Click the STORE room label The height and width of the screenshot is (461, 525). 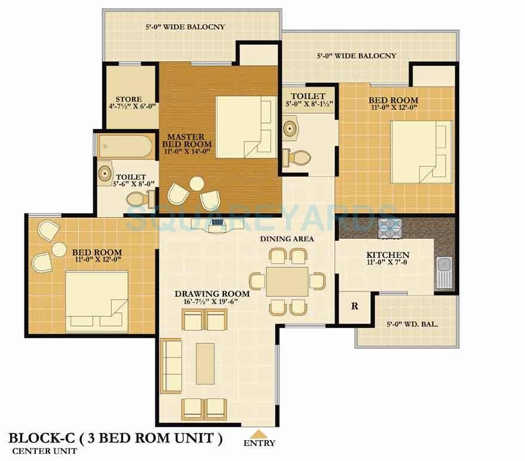pyautogui.click(x=125, y=99)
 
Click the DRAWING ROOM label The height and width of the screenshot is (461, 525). pyautogui.click(x=211, y=294)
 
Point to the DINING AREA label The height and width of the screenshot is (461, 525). pyautogui.click(x=287, y=239)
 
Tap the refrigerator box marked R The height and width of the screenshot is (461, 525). pyautogui.click(x=354, y=307)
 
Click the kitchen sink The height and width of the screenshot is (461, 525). pyautogui.click(x=444, y=272)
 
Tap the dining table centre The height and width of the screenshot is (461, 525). pyautogui.click(x=287, y=281)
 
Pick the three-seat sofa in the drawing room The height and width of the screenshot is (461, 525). pyautogui.click(x=172, y=361)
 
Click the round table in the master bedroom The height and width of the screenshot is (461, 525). pyautogui.click(x=196, y=183)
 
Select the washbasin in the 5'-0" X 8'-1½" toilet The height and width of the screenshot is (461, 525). pyautogui.click(x=291, y=128)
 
